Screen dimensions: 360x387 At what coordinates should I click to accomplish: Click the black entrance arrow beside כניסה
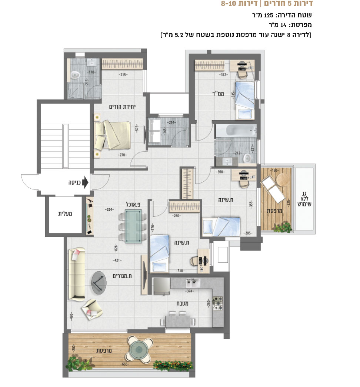click(85, 182)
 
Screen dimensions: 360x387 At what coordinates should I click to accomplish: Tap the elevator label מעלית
click(65, 214)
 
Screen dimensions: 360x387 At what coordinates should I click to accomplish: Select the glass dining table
click(133, 226)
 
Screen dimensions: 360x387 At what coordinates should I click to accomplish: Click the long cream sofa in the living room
click(77, 275)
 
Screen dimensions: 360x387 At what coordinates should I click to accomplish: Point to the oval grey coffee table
click(99, 283)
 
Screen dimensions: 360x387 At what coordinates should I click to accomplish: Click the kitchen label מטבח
click(182, 303)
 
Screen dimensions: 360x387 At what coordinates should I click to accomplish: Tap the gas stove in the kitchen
click(218, 303)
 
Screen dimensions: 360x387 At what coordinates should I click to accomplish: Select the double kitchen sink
click(193, 282)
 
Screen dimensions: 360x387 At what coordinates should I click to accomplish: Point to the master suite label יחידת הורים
click(123, 107)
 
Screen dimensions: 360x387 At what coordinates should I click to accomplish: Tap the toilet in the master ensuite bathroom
click(74, 74)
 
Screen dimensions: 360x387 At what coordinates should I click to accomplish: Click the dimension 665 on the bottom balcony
click(125, 364)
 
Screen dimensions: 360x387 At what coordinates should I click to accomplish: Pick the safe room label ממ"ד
click(218, 94)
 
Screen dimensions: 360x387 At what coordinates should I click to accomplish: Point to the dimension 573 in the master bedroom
click(137, 129)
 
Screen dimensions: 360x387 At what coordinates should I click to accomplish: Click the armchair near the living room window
click(92, 310)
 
